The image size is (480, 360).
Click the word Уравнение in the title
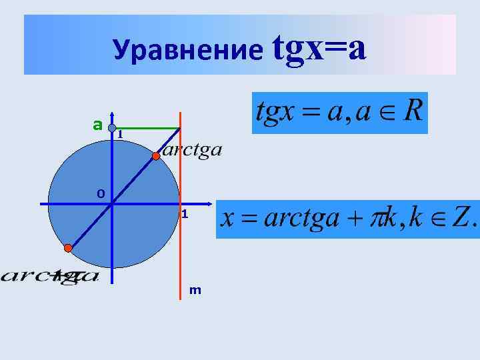coord(188,50)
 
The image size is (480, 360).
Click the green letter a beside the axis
coord(97,125)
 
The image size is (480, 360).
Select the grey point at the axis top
coord(113,127)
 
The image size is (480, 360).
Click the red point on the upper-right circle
coord(155,156)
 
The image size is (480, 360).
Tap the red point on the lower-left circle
coord(68,248)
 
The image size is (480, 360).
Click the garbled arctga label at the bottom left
coord(50,275)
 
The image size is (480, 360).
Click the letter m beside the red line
coord(195,290)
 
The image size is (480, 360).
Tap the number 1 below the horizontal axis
coord(185,215)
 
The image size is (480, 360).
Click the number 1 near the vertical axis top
coord(119,135)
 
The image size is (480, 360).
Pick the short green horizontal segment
coord(147,128)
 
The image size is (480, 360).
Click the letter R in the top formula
coord(411,111)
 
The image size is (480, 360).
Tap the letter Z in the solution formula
coord(459,219)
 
